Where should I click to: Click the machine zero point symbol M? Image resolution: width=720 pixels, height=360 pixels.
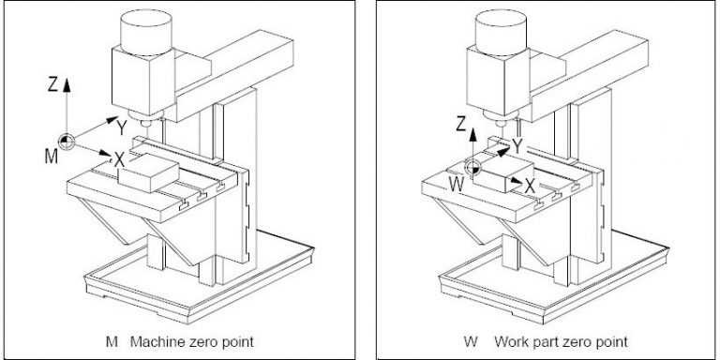coord(67,142)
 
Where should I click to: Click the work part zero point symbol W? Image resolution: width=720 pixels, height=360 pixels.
coord(472,168)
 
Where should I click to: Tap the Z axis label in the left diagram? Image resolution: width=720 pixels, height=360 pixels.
coord(52,85)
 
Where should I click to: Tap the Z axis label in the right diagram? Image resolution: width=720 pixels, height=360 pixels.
coord(461,125)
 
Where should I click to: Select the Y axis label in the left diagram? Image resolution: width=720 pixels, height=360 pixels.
coord(121,128)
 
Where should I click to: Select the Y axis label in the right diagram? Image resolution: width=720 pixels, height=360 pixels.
coord(517,146)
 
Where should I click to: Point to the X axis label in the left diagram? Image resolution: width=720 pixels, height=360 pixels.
coord(119,160)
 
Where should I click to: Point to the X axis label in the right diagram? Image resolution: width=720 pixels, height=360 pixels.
coord(530,186)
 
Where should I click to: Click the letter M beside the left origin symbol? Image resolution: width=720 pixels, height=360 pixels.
coord(51,157)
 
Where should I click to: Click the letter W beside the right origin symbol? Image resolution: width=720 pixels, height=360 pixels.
coord(457,185)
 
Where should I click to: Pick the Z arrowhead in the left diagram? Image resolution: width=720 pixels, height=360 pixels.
coord(67,85)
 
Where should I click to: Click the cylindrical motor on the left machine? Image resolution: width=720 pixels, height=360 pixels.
coord(146,33)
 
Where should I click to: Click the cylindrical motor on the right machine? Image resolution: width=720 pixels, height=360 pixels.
coord(501,33)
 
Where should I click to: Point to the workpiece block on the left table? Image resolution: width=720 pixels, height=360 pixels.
coord(148,172)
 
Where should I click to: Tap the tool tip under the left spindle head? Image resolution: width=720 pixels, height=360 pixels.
coord(145,123)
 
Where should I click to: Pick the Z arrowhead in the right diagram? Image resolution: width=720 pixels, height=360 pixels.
coord(472,135)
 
